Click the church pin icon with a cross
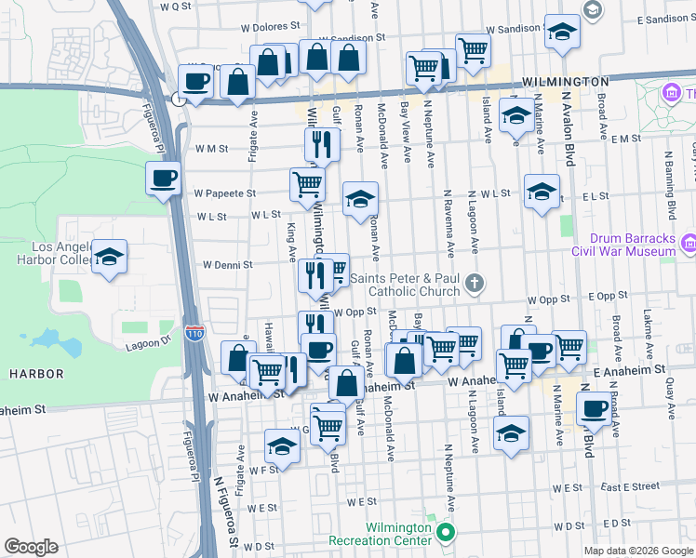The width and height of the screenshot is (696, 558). point(475,283)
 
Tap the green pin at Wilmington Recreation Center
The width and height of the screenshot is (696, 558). point(445,533)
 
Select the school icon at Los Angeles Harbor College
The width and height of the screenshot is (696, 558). point(110,258)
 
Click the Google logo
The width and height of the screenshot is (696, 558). point(31,547)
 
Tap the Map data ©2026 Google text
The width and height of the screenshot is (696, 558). point(637,551)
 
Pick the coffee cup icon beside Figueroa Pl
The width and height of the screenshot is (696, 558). point(162,178)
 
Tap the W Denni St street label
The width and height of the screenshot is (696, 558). point(228,264)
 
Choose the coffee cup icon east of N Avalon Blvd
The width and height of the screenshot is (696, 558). point(593,407)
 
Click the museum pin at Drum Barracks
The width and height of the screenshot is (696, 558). point(689,244)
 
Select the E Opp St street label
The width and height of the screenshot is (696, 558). point(609,296)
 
